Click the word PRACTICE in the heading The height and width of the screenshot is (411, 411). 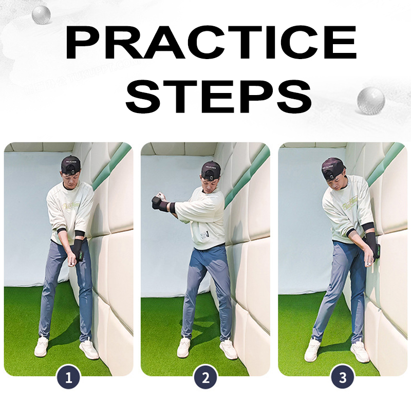[x=211, y=43]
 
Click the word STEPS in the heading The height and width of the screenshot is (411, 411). [x=219, y=96]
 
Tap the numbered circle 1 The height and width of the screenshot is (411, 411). [x=68, y=378]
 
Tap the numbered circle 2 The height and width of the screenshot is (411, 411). [x=206, y=378]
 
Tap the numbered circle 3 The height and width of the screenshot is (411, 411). [x=343, y=378]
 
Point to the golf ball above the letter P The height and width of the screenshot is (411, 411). [x=41, y=15]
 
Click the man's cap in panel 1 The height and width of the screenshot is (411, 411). [x=70, y=164]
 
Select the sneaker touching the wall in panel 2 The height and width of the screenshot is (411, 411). [x=228, y=350]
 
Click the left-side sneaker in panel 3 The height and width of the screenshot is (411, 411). [x=312, y=350]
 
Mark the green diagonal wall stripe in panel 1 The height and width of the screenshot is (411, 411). [x=111, y=166]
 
